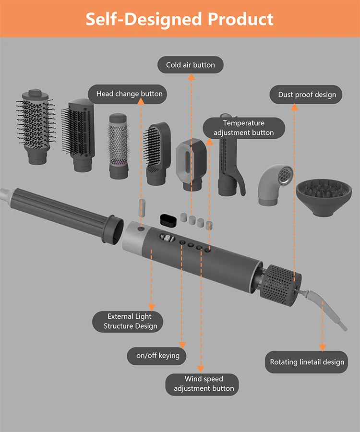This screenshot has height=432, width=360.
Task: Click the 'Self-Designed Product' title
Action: (180, 19)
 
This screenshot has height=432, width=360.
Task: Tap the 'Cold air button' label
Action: (191, 65)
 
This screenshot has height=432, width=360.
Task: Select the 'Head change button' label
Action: (129, 94)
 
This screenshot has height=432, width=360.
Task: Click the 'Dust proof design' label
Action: (307, 95)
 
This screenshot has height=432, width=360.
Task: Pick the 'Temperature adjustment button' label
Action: (244, 128)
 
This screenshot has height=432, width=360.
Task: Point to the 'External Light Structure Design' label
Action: (130, 321)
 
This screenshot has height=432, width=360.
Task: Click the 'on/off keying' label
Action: (157, 356)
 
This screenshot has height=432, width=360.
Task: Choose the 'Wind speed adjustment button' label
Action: (204, 384)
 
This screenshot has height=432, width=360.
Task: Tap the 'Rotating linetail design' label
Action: (307, 362)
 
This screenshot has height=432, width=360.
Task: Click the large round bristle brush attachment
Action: (36, 125)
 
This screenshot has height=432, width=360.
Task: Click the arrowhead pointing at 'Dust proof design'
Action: (295, 107)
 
